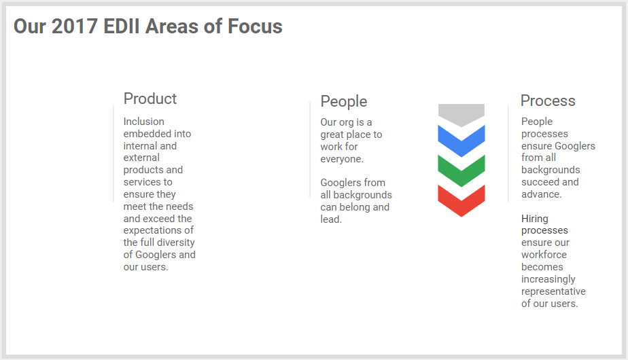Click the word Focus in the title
click(255, 26)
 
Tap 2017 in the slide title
click(75, 26)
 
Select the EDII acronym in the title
click(122, 26)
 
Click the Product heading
click(150, 98)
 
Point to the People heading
click(344, 101)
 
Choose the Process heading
click(548, 101)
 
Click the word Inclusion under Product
click(144, 122)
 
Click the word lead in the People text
click(331, 219)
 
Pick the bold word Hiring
click(535, 219)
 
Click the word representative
click(553, 291)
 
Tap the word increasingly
click(548, 279)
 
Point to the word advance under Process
click(542, 194)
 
